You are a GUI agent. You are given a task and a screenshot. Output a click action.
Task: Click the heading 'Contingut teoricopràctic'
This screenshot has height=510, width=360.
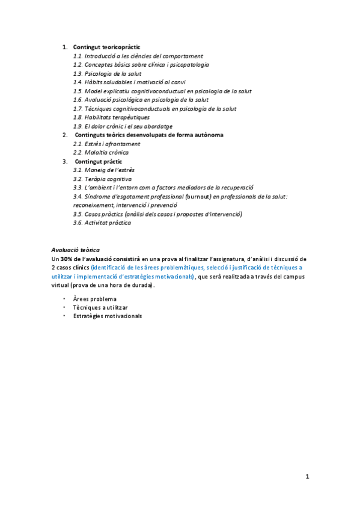pos(107,47)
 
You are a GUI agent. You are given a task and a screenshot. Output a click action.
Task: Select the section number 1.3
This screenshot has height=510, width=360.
pos(78,73)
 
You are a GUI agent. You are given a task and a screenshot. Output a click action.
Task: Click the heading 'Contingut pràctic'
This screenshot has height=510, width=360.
pos(98,162)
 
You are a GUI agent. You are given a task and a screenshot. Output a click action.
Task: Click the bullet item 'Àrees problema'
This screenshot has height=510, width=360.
pos(94,299)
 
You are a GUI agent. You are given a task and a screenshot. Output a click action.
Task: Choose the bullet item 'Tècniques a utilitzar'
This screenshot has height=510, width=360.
pos(100,307)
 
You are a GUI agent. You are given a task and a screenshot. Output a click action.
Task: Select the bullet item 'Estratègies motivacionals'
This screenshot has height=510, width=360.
pos(108,316)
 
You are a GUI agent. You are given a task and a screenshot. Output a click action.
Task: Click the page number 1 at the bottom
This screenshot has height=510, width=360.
pos(307,477)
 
